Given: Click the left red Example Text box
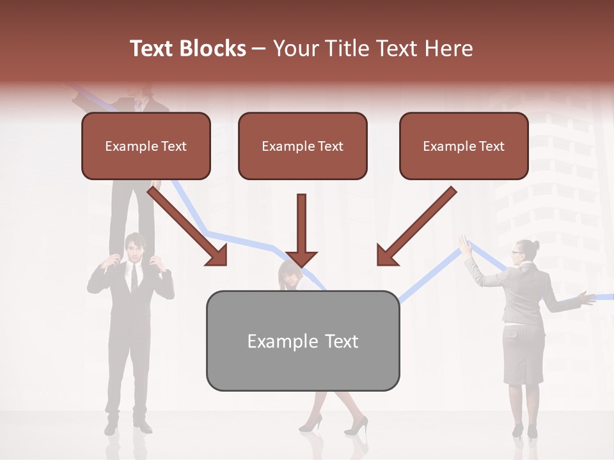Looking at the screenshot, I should click(146, 146).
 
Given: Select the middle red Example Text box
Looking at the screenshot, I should click(303, 146).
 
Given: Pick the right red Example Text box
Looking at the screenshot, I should click(464, 146).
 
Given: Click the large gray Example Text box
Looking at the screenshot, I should click(303, 341).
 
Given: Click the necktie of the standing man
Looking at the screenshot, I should click(134, 276).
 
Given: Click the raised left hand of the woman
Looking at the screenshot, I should click(465, 245).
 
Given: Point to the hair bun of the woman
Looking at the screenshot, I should click(535, 245).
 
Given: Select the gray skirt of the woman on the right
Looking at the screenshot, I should click(523, 355).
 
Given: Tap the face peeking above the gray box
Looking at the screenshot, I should click(289, 276).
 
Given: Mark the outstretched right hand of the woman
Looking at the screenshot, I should click(585, 296).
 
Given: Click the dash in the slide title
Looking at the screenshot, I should click(259, 49).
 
